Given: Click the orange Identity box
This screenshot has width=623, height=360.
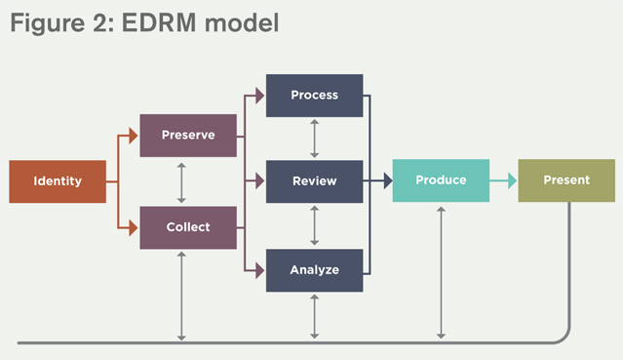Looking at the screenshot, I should point(58,181).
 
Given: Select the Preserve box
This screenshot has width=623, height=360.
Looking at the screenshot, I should point(188,135).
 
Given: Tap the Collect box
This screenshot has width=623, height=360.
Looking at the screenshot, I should point(188,227).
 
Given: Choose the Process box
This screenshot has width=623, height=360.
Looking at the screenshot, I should point(314,95).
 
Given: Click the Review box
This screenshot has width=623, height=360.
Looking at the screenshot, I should point(314,181).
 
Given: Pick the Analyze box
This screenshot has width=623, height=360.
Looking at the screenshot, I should point(314,270).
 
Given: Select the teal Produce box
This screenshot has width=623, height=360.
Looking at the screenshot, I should point(441,180).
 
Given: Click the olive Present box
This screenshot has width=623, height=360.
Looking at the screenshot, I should point(566,180).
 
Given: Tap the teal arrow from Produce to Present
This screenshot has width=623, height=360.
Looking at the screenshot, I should point(503,180).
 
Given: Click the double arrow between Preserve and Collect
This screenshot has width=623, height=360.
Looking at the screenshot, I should point(182,181).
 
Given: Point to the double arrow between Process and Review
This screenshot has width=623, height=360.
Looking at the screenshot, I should point(314,138).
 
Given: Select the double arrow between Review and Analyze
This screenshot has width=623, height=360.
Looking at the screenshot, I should point(314,226).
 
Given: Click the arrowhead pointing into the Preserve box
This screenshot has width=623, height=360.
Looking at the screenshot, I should point(135,136).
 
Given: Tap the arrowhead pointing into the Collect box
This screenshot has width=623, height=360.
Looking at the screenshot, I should point(135,227).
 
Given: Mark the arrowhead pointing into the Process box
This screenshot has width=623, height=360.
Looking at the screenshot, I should point(260,96).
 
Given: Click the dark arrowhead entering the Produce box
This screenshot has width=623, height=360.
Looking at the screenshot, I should point(386,180).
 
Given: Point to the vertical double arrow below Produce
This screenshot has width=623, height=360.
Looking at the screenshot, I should point(441,272).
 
